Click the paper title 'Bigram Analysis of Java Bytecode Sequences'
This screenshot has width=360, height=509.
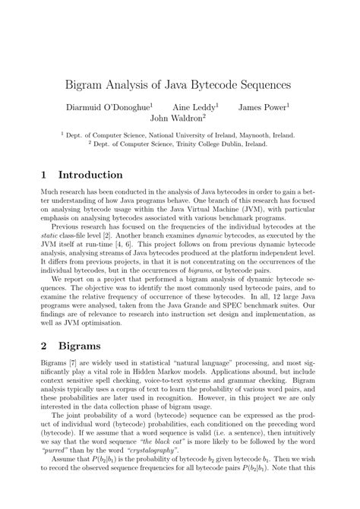[179, 77]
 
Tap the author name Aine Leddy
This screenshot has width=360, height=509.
[195, 107]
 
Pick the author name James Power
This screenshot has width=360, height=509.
[262, 107]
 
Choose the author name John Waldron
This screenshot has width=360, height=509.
[178, 119]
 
